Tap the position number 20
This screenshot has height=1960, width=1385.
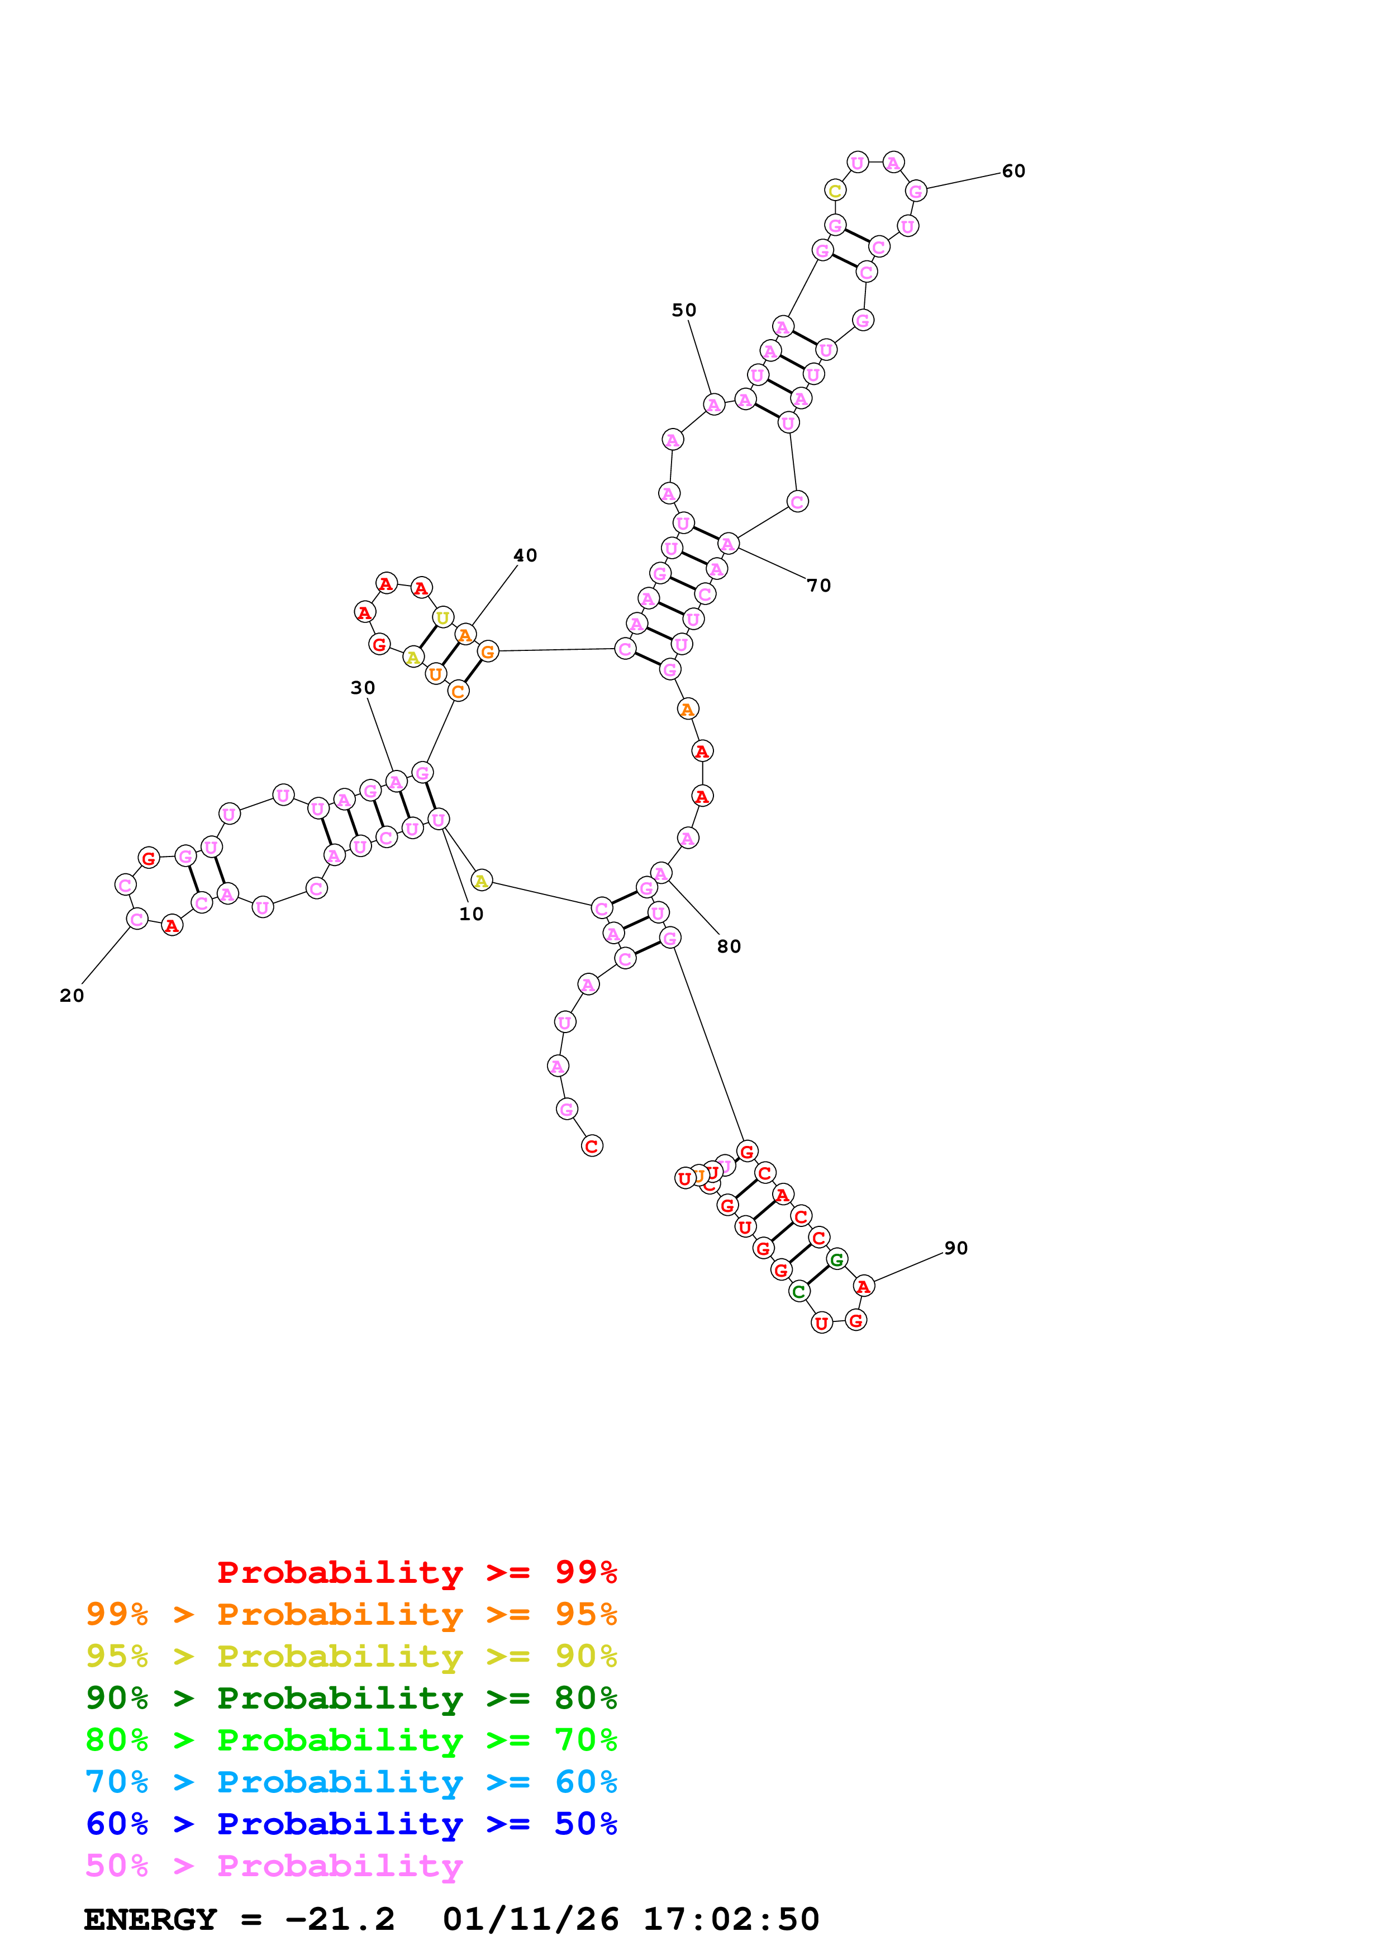72,996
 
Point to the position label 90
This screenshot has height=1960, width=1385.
956,1248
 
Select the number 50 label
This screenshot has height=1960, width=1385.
683,311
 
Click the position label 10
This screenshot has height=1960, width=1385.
471,914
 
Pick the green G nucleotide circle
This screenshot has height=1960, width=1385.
837,1259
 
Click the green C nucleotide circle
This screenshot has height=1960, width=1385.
799,1292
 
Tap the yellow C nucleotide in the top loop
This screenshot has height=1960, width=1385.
835,191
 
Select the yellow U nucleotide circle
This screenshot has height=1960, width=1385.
442,617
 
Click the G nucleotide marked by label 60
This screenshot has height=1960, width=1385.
916,191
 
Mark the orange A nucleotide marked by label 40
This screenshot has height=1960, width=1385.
465,635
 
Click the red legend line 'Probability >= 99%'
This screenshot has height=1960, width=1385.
416,1572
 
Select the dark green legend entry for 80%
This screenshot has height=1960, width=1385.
351,1698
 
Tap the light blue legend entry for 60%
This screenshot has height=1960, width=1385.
351,1782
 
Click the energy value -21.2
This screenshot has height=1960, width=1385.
340,1920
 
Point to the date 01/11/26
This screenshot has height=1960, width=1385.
530,1920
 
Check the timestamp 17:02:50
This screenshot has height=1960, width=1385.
730,1920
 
